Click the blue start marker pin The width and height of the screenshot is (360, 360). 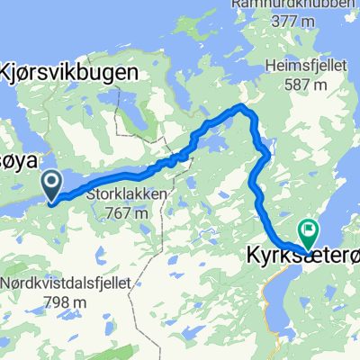pyautogui.click(x=52, y=186)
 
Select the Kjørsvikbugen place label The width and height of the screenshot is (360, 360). pyautogui.click(x=74, y=72)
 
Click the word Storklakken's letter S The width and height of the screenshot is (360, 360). pyautogui.click(x=91, y=192)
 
